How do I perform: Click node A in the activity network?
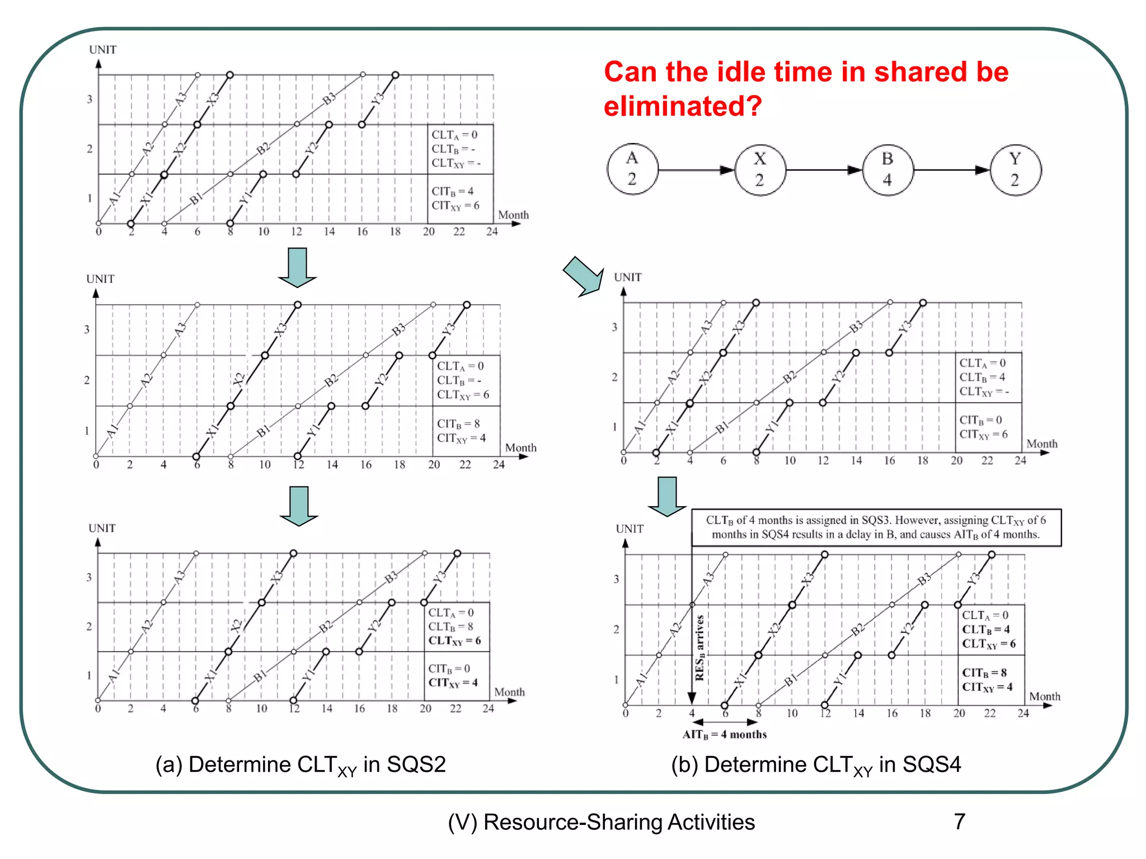[632, 169]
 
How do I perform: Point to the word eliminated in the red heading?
[683, 106]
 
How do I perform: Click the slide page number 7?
[959, 822]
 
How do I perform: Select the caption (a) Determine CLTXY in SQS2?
[300, 765]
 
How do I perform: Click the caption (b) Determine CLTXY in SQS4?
[816, 765]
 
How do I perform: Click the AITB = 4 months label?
[724, 735]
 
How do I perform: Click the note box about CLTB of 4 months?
[876, 527]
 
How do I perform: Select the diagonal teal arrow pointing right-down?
[584, 276]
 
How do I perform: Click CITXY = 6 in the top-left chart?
[455, 206]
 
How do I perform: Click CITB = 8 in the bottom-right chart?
[984, 673]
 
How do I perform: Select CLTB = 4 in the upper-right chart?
[982, 377]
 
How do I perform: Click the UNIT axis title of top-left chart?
[102, 50]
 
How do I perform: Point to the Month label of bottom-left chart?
[509, 692]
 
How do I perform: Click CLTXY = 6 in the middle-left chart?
[463, 395]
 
